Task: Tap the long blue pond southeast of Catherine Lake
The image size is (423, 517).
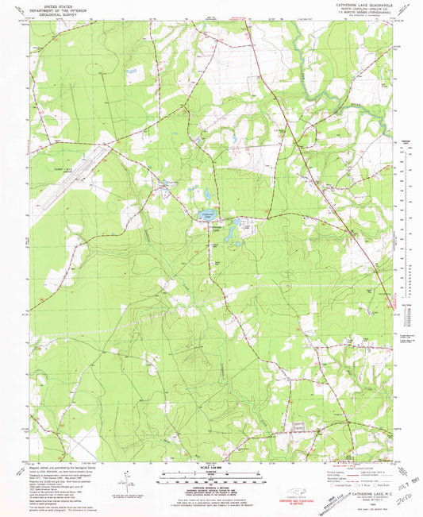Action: [x=231, y=233]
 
